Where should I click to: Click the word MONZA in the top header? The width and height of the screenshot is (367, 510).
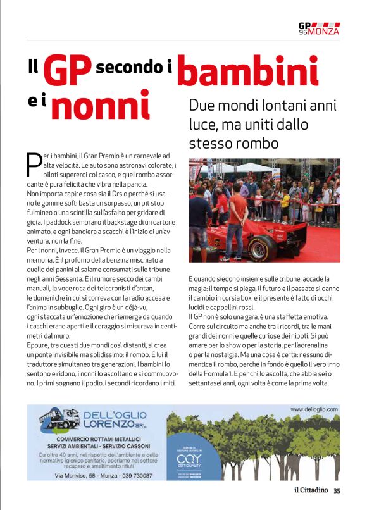coord(324,31)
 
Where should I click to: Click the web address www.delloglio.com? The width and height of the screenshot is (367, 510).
coord(314,409)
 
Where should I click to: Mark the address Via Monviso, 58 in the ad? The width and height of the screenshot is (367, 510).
coord(79,475)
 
